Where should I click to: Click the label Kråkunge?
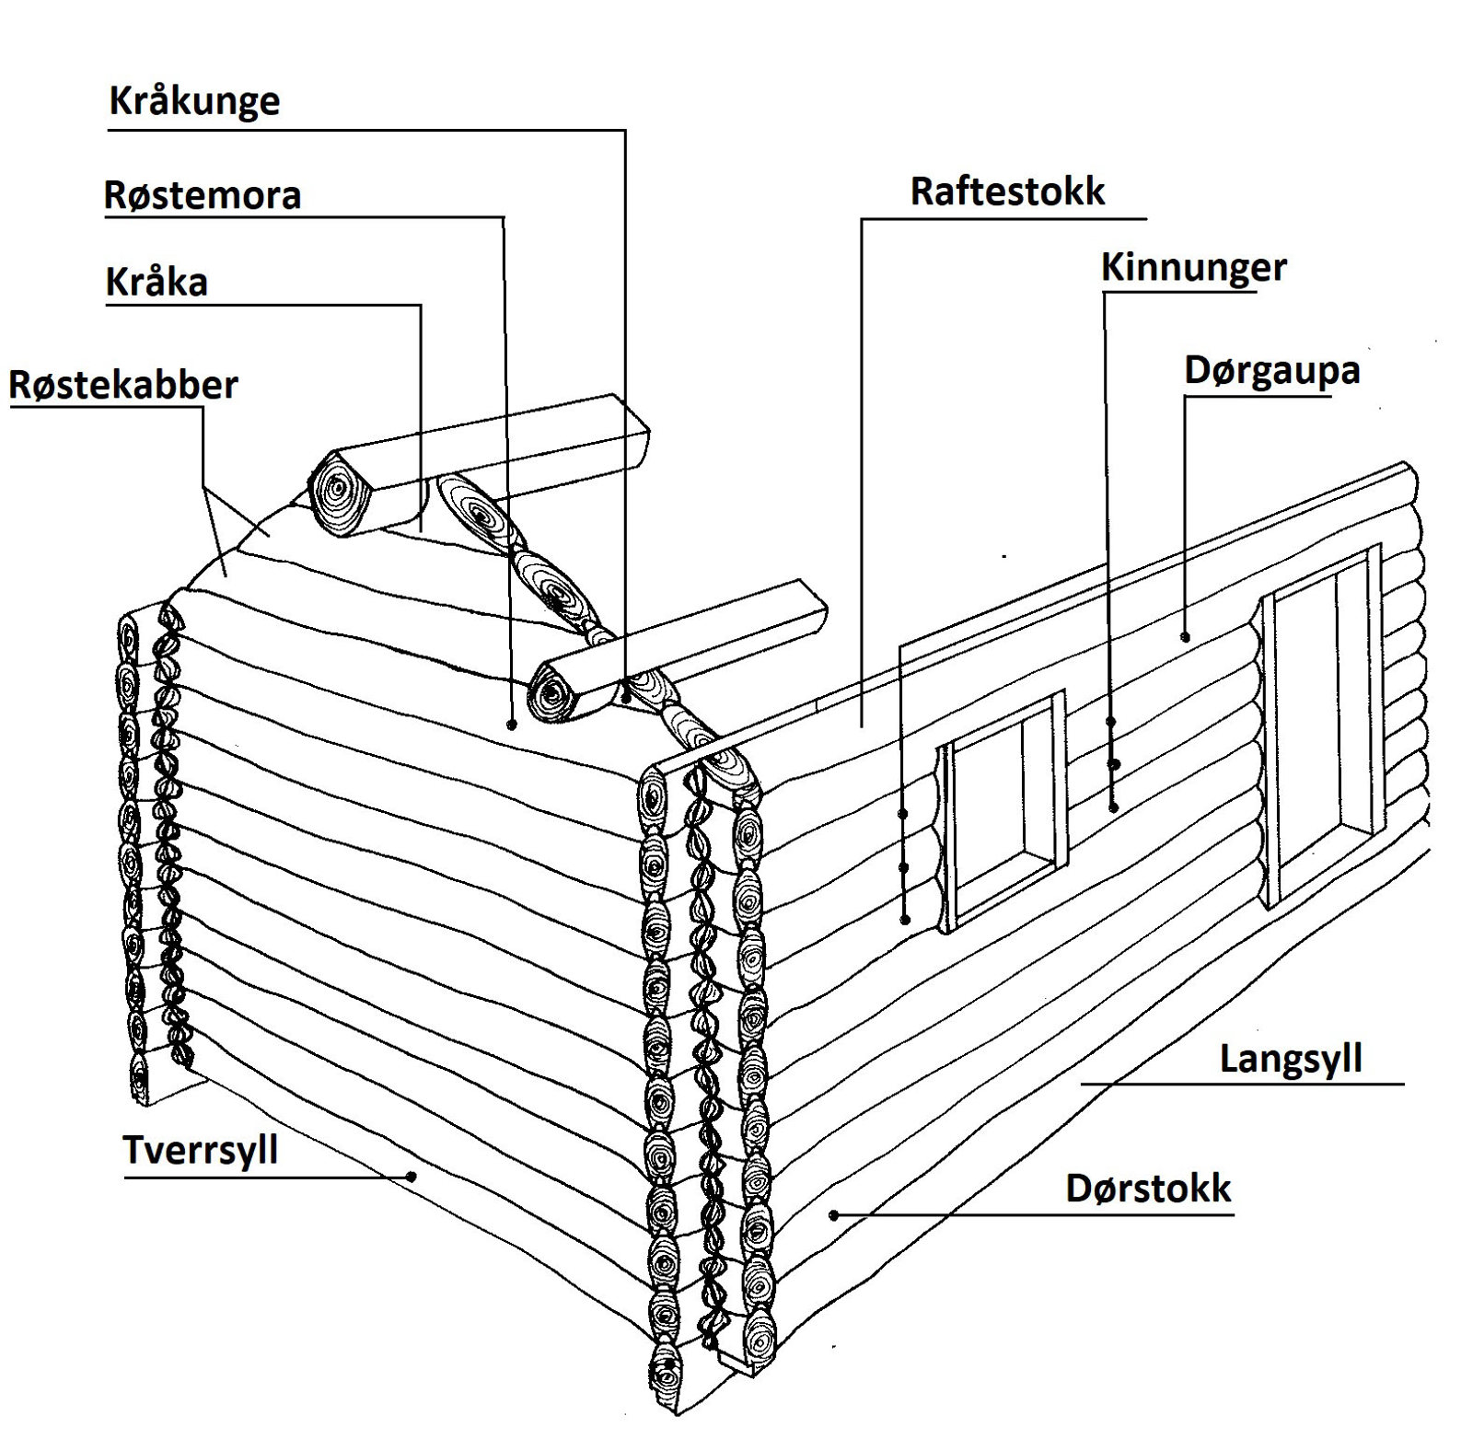pos(194,101)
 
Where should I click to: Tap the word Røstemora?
pos(203,195)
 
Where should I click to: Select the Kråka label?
pos(157,282)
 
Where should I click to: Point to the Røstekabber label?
pos(123,385)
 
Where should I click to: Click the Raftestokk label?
pos(1007,191)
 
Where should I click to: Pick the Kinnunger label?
pos(1193,268)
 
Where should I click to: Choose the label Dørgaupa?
pos(1271,370)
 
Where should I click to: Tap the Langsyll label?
pos(1290,1059)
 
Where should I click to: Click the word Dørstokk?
pos(1147,1189)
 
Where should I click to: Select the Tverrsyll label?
pos(200,1150)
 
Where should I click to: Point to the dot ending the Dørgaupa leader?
pos(1185,636)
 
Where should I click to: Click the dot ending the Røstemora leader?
pos(511,725)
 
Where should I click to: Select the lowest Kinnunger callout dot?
pos(1113,807)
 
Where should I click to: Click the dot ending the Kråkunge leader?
pos(626,698)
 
